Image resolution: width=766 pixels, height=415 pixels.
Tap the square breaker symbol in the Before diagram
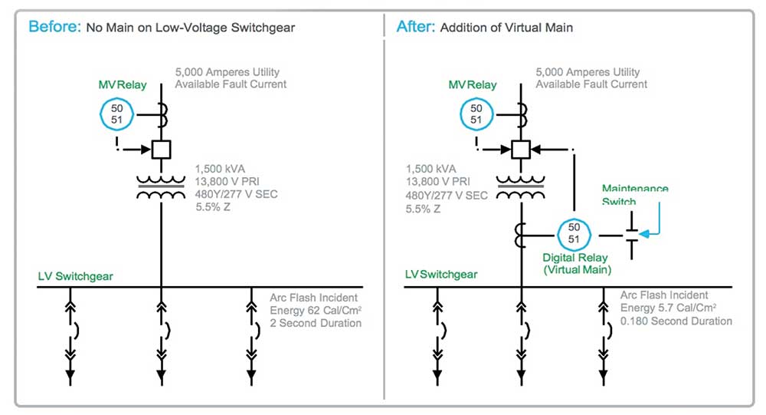(161, 149)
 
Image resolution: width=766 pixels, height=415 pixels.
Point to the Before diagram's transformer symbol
(161, 187)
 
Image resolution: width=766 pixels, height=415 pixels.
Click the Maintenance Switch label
(635, 195)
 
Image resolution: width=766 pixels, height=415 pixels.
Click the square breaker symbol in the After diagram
(521, 149)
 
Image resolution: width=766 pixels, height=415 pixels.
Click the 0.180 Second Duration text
(676, 321)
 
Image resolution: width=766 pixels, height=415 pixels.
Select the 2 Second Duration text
(316, 323)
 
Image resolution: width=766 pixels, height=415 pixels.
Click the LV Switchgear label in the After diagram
(440, 274)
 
